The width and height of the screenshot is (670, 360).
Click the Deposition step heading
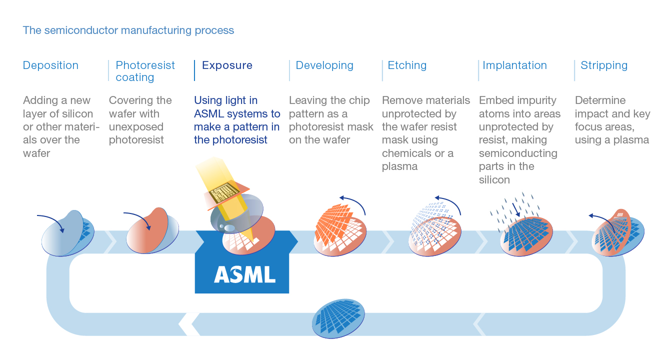pos(50,65)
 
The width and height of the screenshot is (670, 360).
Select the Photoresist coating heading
pos(145,71)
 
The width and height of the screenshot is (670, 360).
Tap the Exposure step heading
pos(227,65)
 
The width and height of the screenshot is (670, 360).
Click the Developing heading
pos(324,65)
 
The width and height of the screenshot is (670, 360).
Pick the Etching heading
pos(407,65)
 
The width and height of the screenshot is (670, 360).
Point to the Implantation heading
pos(514,65)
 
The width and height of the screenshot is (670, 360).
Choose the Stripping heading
pos(603,65)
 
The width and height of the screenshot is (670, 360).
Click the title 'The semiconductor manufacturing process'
pos(128,30)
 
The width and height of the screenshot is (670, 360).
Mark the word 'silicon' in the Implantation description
pos(494,179)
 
